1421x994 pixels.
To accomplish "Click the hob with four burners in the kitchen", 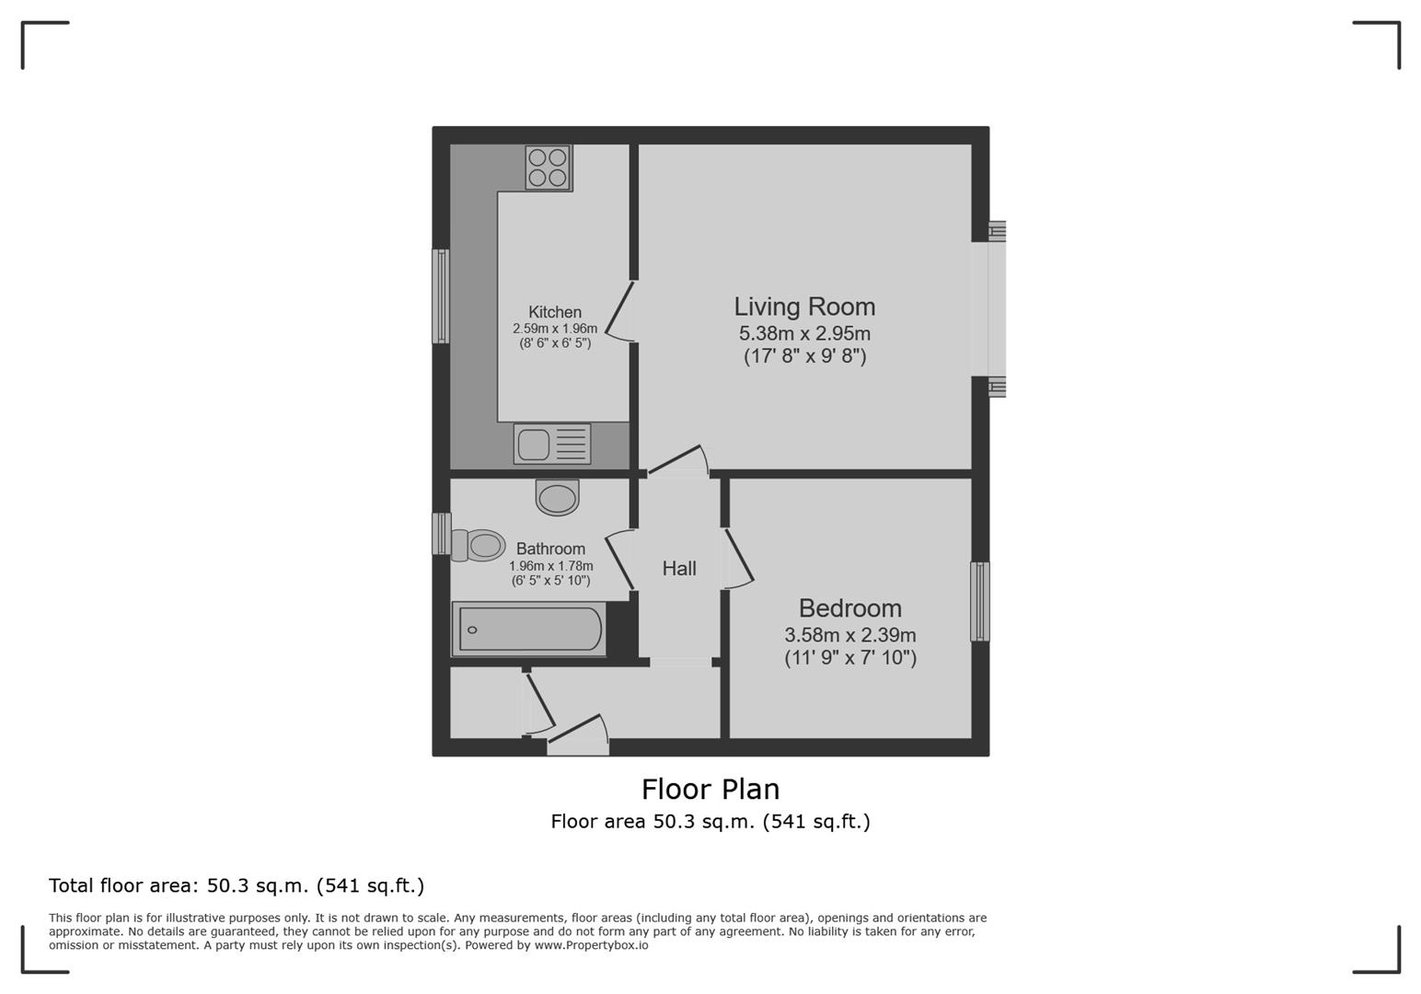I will point(548,168).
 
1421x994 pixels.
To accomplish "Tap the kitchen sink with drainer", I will point(552,445).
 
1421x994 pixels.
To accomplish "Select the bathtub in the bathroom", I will point(529,630).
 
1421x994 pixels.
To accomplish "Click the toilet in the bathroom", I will point(479,545).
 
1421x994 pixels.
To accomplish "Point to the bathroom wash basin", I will point(558,498).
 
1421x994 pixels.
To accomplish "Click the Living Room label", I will point(804,306).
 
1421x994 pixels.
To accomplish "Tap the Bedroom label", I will point(849,608).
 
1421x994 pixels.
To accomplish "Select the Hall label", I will point(679,569).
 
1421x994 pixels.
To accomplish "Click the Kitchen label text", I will point(555,312).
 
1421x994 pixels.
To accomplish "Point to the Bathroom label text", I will point(550,549).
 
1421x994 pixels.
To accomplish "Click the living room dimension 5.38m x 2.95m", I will point(804,333).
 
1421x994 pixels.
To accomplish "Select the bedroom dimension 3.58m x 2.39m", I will point(849,635).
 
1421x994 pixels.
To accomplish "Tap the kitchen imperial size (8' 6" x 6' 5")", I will point(555,343).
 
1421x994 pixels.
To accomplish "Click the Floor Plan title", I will point(710,789).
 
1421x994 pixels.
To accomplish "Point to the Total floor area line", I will point(237,885).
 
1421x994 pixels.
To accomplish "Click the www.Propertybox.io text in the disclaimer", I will point(591,945).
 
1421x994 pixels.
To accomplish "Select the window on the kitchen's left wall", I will point(442,296).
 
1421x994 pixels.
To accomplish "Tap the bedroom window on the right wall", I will point(980,601).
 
